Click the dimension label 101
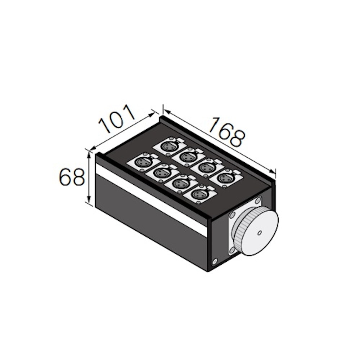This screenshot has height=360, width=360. click(117, 119)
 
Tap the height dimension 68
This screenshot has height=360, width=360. click(72, 177)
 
